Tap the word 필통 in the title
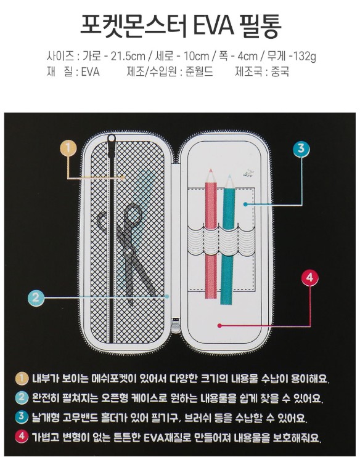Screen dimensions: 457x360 point(258,26)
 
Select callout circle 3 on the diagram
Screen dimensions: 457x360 point(300,148)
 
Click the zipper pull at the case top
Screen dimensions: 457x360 point(112,148)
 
